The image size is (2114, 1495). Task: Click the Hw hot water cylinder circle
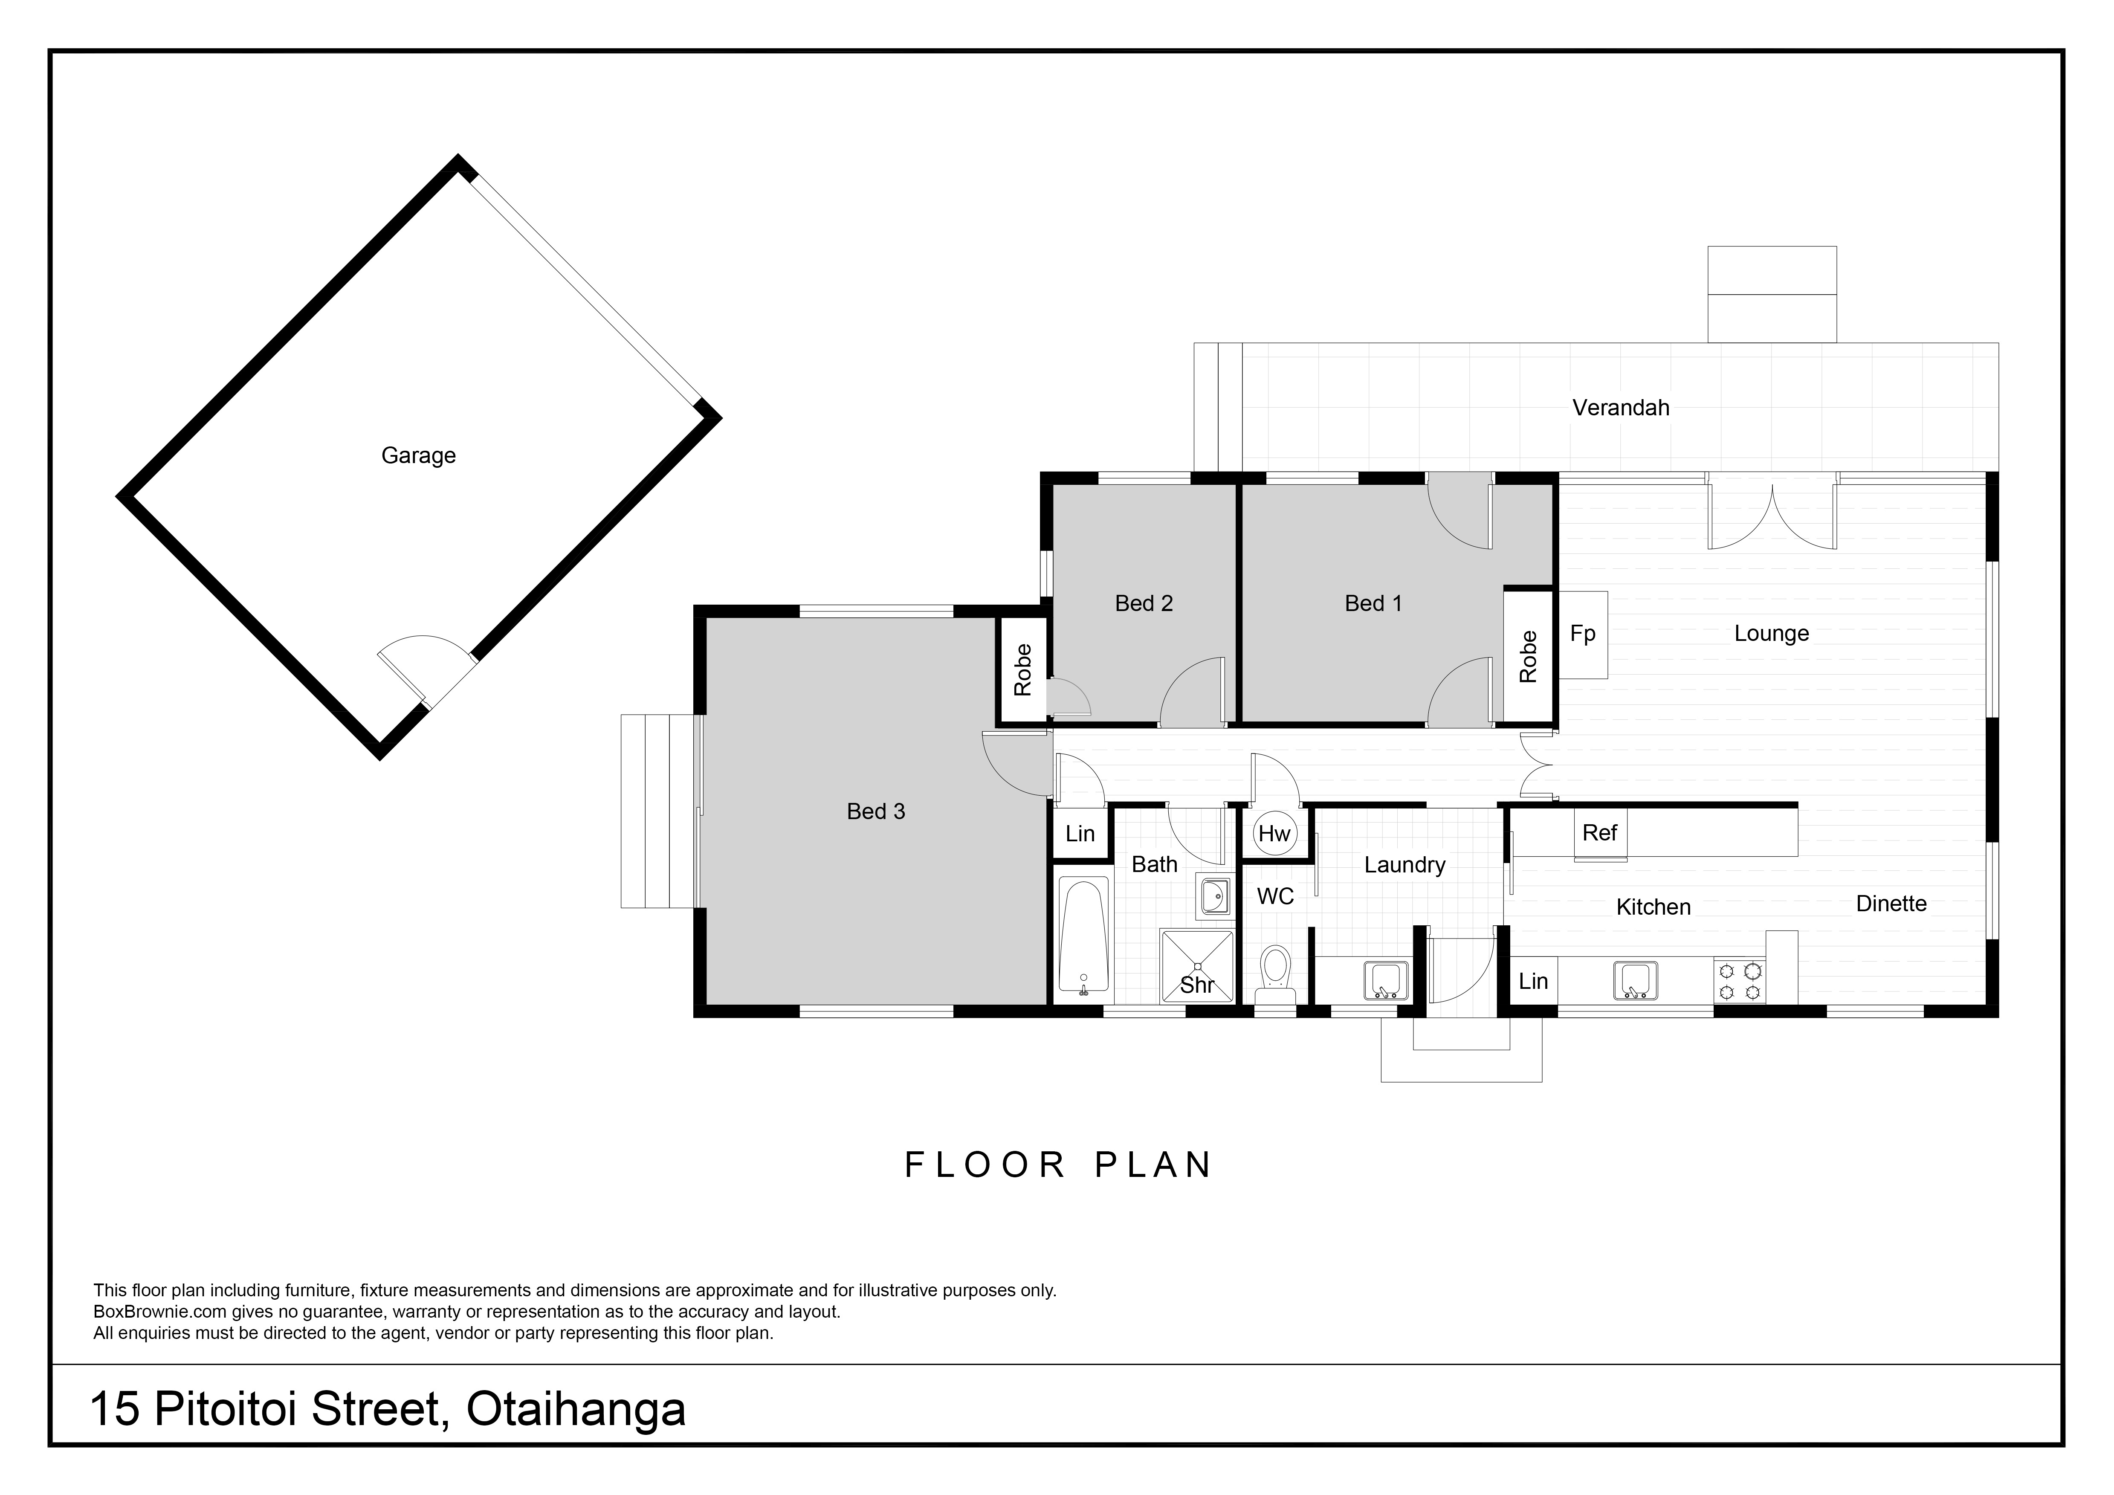1275,834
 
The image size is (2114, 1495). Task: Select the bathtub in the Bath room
1083,937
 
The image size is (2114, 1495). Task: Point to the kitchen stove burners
1739,980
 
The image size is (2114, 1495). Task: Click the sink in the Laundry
1386,980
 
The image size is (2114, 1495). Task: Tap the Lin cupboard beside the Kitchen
1533,981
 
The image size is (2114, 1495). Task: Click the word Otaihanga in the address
576,1409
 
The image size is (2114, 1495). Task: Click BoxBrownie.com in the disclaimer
160,1312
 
